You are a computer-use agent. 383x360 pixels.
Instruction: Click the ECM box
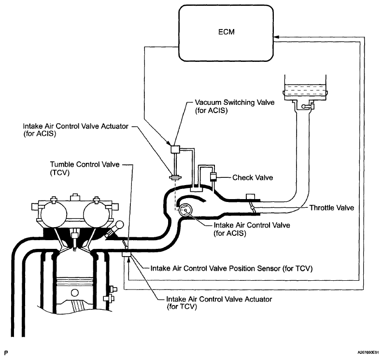coord(226,33)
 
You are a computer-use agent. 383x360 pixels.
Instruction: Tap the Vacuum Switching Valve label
coord(235,106)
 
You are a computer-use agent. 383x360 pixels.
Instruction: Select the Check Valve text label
coord(253,177)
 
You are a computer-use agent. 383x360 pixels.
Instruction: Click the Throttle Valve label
coord(332,208)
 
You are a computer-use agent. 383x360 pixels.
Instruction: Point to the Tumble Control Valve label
coord(85,168)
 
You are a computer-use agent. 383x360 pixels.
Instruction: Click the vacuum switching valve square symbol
coord(175,149)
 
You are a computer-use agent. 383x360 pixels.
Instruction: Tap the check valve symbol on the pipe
coord(213,177)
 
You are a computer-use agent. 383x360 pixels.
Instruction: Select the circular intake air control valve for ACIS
coord(185,210)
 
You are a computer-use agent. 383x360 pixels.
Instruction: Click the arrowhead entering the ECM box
coord(277,37)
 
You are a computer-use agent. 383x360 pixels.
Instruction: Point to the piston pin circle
coord(75,293)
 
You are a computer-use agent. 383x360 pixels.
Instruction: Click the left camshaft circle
coord(54,214)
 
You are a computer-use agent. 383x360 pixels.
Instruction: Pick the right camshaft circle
coord(96,214)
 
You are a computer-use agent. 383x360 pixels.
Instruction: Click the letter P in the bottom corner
coord(6,353)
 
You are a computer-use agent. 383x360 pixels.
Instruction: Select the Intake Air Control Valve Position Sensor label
coord(231,268)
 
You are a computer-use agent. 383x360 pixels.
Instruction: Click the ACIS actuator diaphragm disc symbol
coord(175,177)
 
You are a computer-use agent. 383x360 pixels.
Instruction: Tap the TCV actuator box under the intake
coord(127,255)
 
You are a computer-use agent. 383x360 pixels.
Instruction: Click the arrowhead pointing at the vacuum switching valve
coord(169,143)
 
